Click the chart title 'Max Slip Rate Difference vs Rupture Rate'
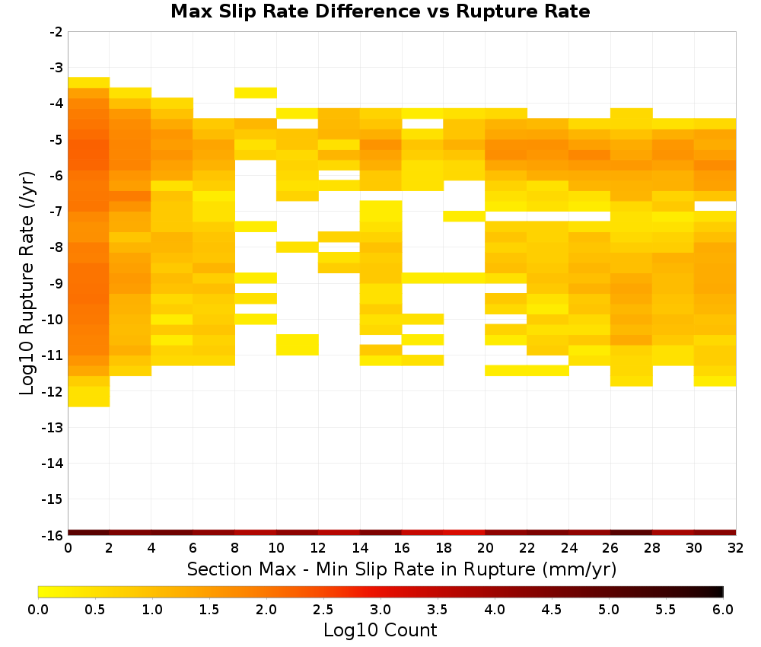[x=380, y=11]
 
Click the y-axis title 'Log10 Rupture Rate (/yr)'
[x=27, y=283]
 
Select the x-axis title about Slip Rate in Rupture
[x=402, y=569]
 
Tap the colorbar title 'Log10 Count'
[x=380, y=630]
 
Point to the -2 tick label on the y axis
[x=56, y=32]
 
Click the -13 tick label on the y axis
[x=53, y=428]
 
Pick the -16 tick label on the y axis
[x=53, y=535]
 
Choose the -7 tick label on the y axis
[x=56, y=212]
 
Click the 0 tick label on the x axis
[x=68, y=548]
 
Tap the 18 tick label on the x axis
[x=444, y=548]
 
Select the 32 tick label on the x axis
[x=736, y=548]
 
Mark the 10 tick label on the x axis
[x=277, y=548]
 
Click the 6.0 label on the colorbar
[x=723, y=610]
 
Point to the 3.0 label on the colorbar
[x=380, y=610]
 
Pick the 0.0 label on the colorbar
[x=38, y=610]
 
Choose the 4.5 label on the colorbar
[x=551, y=610]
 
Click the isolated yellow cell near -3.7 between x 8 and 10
[x=256, y=93]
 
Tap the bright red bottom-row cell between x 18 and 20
[x=464, y=533]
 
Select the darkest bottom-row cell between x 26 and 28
[x=632, y=533]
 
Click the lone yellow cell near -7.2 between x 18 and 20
[x=464, y=216]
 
